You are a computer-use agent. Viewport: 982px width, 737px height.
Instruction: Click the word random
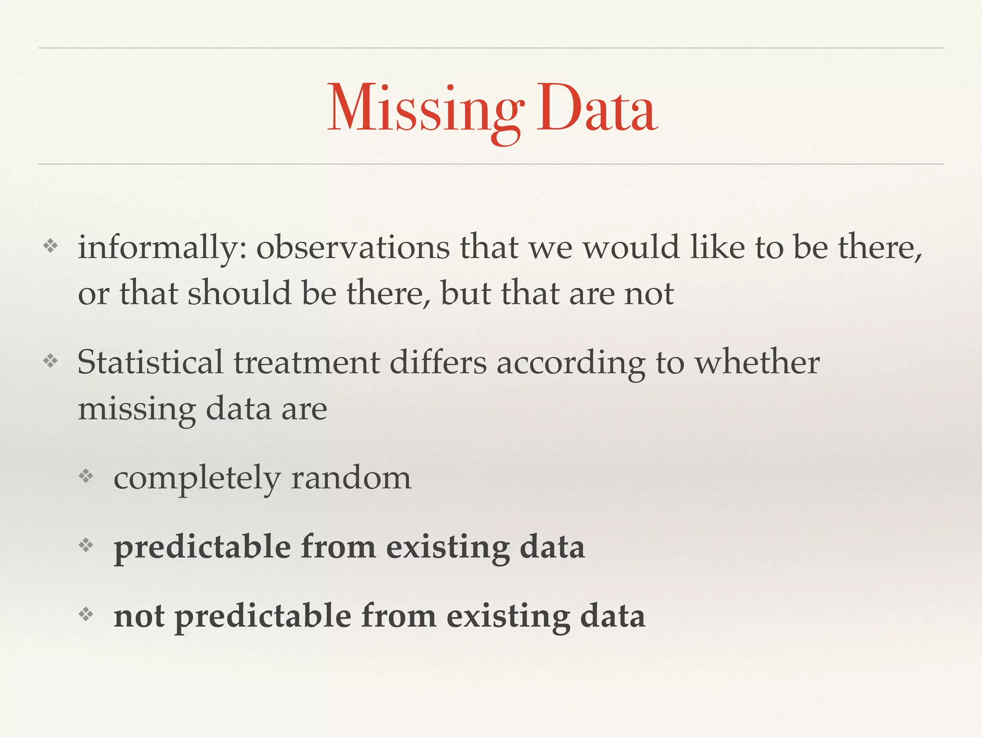coord(351,478)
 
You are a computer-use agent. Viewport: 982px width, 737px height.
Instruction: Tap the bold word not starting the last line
coord(139,616)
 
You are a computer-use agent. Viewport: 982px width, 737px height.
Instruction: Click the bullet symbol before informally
coord(50,247)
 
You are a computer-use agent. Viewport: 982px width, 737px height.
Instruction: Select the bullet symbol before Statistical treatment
coord(50,361)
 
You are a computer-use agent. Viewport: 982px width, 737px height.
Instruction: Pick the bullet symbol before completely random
coord(86,476)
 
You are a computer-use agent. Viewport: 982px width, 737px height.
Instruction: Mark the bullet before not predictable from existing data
coord(86,614)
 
